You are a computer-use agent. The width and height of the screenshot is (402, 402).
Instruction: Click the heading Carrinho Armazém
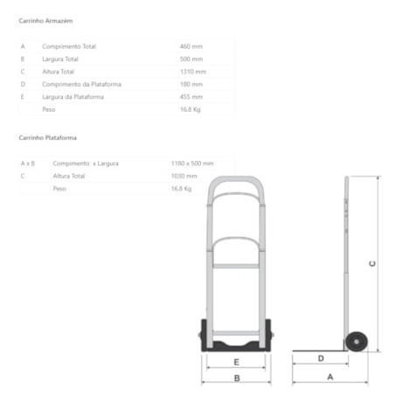pyautogui.click(x=45, y=21)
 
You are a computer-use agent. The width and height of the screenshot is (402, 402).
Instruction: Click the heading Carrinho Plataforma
pyautogui.click(x=48, y=138)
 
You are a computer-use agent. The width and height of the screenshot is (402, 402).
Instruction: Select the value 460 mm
pyautogui.click(x=191, y=46)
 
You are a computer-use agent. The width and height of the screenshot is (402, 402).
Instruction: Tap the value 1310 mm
pyautogui.click(x=193, y=72)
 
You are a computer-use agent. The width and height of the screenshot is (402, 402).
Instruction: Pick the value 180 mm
pyautogui.click(x=191, y=84)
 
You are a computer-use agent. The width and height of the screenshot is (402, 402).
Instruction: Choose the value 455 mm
pyautogui.click(x=191, y=97)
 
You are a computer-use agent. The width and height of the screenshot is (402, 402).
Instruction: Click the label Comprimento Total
pyautogui.click(x=69, y=46)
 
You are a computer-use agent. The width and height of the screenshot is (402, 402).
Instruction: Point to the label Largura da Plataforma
pyautogui.click(x=73, y=97)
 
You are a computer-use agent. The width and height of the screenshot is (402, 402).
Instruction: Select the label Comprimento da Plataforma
pyautogui.click(x=81, y=84)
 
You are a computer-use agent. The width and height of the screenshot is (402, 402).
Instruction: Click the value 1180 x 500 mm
pyautogui.click(x=192, y=163)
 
